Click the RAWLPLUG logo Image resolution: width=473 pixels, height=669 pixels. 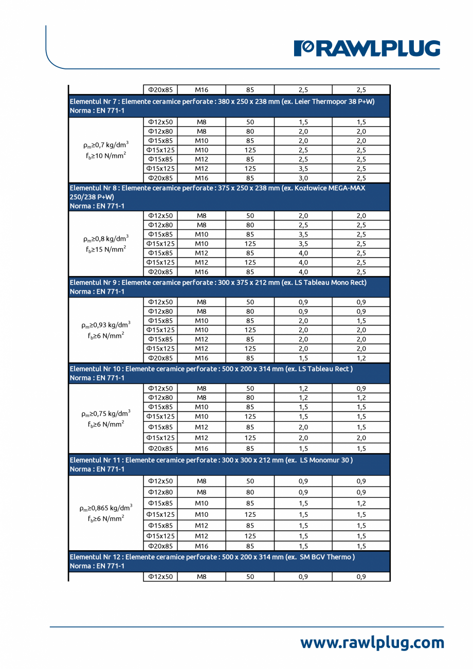(x=367, y=48)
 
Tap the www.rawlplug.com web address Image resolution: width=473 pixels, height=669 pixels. (x=372, y=642)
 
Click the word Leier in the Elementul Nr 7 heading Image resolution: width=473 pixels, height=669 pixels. (x=296, y=101)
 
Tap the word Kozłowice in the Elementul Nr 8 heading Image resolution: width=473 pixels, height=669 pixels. (x=312, y=188)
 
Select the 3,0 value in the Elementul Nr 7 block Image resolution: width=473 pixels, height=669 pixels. (x=303, y=178)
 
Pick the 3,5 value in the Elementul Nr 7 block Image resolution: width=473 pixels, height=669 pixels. (x=303, y=169)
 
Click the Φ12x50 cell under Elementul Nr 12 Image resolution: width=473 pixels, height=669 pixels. (x=160, y=577)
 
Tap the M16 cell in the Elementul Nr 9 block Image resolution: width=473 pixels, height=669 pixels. (x=201, y=358)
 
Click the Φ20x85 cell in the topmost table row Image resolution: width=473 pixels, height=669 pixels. (x=160, y=89)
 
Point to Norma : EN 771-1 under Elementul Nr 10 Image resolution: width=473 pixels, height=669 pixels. (x=97, y=378)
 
